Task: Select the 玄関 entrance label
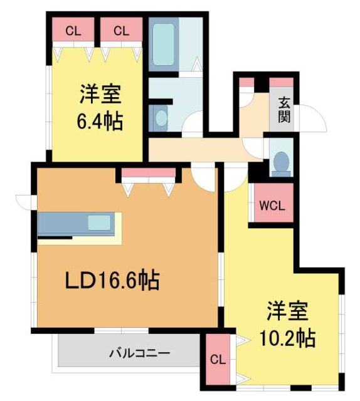pos(285,110)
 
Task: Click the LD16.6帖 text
pos(112,280)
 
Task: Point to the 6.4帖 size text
pos(100,119)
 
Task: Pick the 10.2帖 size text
pos(288,338)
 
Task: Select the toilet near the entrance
pos(281,162)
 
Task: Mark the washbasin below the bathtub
pos(161,117)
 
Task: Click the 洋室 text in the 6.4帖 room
pos(100,96)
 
